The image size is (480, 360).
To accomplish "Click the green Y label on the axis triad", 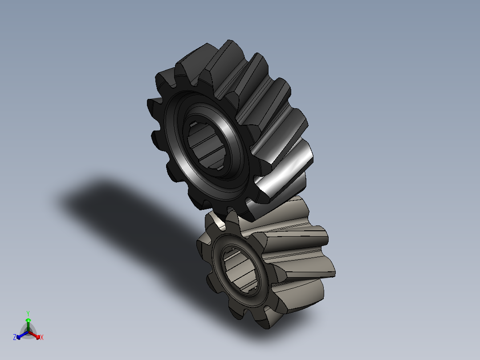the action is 28,313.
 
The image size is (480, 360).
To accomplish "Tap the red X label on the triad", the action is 42,337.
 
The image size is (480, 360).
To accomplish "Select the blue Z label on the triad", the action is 14,337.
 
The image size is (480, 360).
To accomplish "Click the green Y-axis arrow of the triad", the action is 28,325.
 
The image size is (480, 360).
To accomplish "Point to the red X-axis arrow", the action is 34,335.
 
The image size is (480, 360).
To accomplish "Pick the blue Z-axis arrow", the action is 22,335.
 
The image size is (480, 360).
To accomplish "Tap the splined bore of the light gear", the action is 240,269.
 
